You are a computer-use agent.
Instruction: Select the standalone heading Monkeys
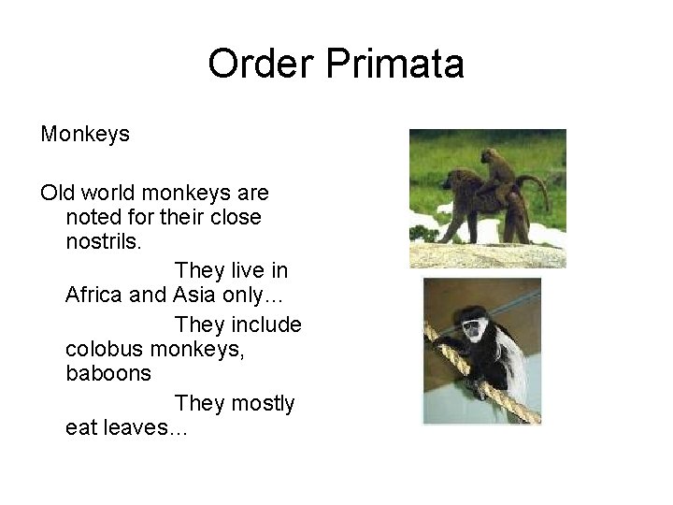(x=85, y=135)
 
